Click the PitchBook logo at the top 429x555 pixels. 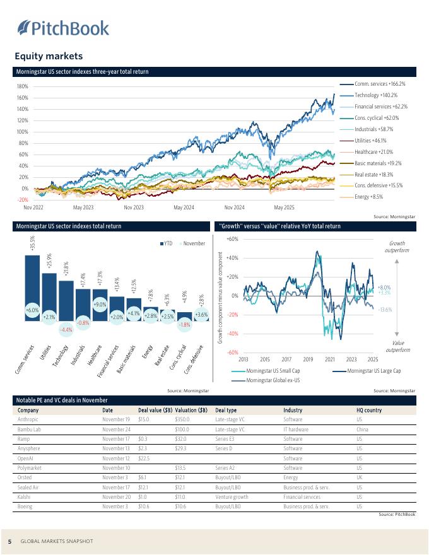(63, 28)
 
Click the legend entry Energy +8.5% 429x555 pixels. (370, 197)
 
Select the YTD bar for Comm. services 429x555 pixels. (33, 286)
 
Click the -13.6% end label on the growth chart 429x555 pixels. (385, 310)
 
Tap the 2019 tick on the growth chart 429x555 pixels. (308, 359)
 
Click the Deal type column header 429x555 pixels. (226, 410)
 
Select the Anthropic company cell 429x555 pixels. (29, 419)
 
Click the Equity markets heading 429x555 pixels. (49, 57)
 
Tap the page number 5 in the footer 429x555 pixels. (9, 541)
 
